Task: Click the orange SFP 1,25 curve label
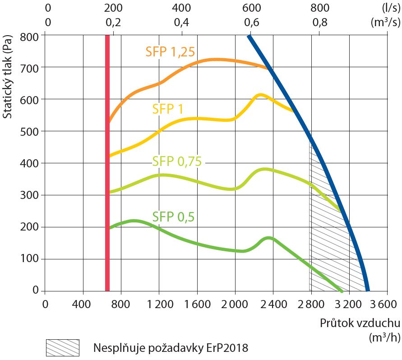coord(170,52)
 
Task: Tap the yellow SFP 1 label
coord(167,109)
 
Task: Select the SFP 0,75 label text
coord(176,161)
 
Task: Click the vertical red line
coord(107,162)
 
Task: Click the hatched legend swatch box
coord(62,347)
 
